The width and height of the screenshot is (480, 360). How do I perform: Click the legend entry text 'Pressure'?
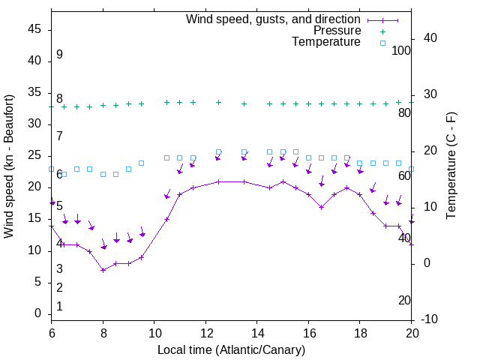tap(337, 31)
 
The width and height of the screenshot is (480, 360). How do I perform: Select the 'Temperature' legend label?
tap(326, 42)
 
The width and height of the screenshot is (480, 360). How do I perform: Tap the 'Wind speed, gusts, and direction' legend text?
tap(274, 19)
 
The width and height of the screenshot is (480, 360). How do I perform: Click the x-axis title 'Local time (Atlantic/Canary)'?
tap(231, 349)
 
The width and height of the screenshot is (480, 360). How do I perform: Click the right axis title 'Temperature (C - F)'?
tap(451, 166)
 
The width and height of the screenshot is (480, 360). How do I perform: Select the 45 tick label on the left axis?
tap(34, 29)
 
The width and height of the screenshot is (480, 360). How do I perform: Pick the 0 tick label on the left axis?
tap(38, 313)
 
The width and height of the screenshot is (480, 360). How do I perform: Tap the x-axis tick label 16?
tap(308, 332)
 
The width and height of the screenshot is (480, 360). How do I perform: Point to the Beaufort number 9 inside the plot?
tap(59, 55)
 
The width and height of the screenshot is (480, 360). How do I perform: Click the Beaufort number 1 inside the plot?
tap(59, 306)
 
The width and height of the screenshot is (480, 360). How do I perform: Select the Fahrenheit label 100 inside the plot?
tap(401, 50)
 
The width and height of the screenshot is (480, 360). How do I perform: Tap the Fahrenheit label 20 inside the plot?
tap(404, 300)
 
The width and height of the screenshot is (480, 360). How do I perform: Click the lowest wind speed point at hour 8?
tap(103, 270)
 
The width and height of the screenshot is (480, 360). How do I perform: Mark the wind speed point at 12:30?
tap(218, 181)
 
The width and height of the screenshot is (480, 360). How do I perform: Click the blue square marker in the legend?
tap(382, 43)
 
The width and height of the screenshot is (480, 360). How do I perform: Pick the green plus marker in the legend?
tap(382, 31)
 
